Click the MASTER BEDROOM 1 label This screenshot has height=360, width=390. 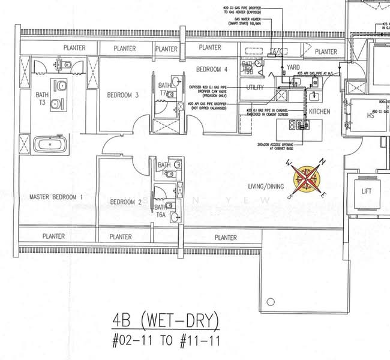pyautogui.click(x=57, y=197)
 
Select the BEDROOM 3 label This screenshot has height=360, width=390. pyautogui.click(x=123, y=95)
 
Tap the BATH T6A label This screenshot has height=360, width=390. pyautogui.click(x=161, y=210)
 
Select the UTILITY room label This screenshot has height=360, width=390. pyautogui.click(x=255, y=88)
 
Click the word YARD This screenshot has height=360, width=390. pyautogui.click(x=293, y=68)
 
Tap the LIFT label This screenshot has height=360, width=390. pyautogui.click(x=367, y=191)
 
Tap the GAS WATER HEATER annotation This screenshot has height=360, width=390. pyautogui.click(x=250, y=20)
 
